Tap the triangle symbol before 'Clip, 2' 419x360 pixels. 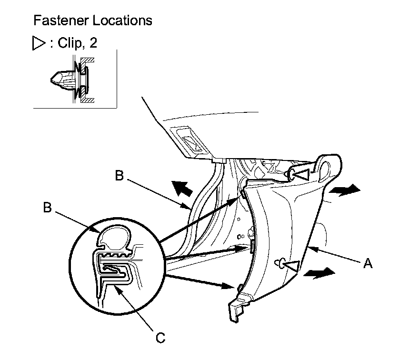38,44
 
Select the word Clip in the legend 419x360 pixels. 70,43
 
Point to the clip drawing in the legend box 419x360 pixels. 71,80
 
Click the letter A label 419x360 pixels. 367,263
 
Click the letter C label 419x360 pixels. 161,338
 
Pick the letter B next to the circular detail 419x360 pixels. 47,208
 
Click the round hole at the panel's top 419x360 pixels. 329,168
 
